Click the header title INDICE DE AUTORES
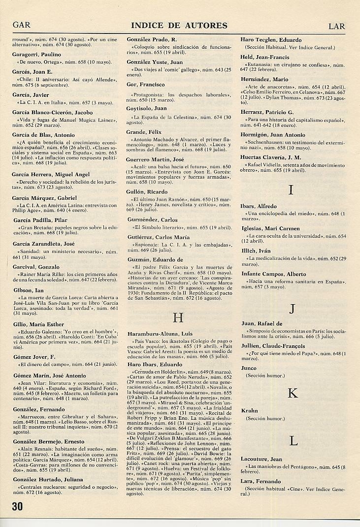point(179,26)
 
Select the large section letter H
point(178,318)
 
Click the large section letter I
point(291,190)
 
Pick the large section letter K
point(293,393)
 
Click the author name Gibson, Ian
point(28,290)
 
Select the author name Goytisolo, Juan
point(147,108)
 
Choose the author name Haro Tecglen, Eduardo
point(271,40)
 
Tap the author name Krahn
point(250,410)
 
